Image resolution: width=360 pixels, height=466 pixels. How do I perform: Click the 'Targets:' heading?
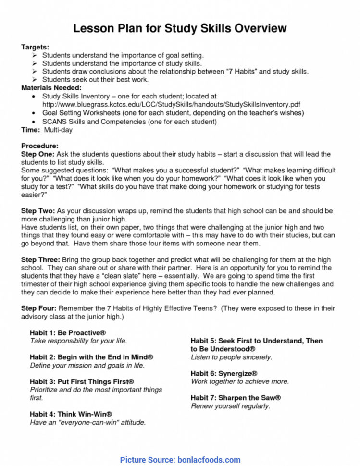35,48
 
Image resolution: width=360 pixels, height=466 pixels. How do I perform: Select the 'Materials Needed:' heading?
51,88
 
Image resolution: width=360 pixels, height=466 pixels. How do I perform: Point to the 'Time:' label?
31,130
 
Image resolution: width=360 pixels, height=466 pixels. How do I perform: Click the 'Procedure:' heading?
40,146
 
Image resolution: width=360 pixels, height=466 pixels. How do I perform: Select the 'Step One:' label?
38,154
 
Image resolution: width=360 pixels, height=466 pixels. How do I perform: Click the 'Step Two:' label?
38,211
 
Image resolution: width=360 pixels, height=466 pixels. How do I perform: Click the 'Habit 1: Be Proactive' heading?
68,332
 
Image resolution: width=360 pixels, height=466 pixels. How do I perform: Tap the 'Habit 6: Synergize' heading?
223,373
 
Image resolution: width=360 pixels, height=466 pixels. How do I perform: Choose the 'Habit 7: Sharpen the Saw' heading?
236,398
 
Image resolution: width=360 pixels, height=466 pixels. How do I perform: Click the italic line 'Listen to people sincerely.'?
231,357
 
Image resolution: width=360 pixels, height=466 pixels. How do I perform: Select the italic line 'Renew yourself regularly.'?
230,406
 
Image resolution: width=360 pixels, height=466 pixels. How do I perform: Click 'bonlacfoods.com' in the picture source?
209,460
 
